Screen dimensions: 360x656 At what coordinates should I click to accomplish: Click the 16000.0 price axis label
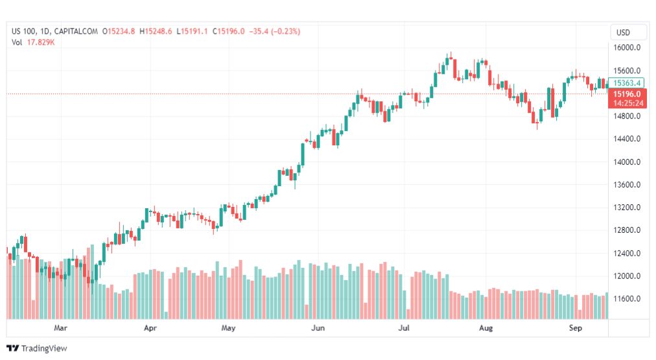(628, 48)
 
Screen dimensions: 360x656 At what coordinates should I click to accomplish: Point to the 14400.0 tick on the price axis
(628, 139)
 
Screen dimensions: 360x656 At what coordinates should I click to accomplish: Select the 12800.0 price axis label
(628, 230)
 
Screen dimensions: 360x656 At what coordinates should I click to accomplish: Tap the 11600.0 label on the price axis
(628, 299)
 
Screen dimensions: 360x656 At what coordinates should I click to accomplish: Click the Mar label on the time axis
(61, 328)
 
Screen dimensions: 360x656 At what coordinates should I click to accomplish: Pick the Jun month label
(318, 328)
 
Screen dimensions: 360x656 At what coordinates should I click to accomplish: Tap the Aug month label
(486, 328)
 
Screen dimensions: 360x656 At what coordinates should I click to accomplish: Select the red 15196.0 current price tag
(627, 94)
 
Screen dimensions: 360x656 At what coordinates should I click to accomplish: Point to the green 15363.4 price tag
(627, 83)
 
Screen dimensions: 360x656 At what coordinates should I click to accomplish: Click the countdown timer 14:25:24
(627, 102)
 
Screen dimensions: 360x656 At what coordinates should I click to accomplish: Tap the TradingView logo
(36, 348)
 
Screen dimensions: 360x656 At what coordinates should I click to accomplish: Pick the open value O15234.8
(118, 31)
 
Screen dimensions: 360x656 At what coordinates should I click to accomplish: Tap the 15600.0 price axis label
(628, 71)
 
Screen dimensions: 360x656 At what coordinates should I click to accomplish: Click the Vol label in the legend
(17, 42)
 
